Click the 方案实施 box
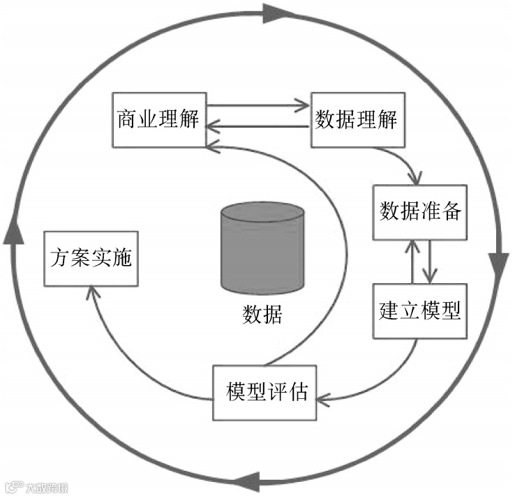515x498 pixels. coord(91,257)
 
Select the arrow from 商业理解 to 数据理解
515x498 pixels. coord(258,107)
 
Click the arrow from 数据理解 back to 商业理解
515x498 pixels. coord(258,126)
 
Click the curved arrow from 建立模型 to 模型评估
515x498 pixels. coord(391,380)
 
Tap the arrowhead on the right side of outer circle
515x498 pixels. coord(498,265)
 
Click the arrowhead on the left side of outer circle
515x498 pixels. coord(10,234)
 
